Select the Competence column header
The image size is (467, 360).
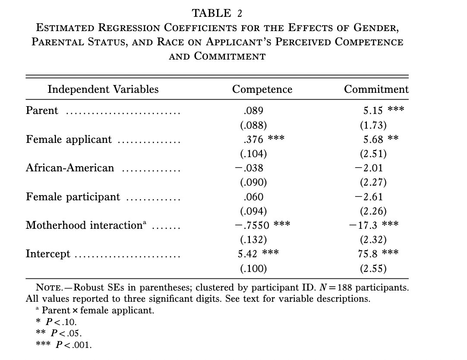point(262,89)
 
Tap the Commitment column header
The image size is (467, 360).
point(376,89)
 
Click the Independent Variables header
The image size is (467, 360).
point(103,89)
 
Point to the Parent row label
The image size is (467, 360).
point(42,111)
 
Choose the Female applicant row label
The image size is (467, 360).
point(69,139)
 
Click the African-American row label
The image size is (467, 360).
point(70,168)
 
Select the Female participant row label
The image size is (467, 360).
point(73,197)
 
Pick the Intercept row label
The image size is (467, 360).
point(48,254)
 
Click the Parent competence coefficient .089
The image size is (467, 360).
point(253,111)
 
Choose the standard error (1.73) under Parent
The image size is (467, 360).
point(373,125)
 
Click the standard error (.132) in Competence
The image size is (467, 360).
point(253,240)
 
